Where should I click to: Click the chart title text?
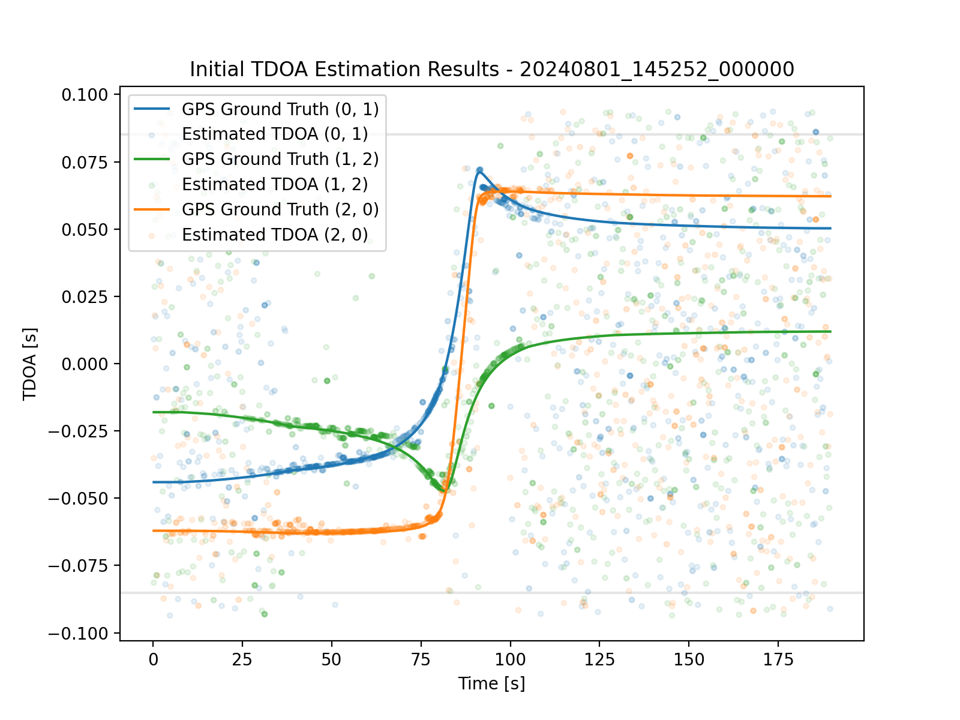tap(492, 70)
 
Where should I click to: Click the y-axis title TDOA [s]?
tap(29, 364)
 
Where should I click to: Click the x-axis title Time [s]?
tap(491, 683)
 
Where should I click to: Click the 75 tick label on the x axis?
tap(421, 660)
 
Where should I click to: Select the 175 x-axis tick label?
tap(778, 660)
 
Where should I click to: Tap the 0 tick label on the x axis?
tap(154, 660)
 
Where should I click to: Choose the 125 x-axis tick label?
tap(599, 660)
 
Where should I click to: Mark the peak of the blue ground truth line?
tap(479, 170)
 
